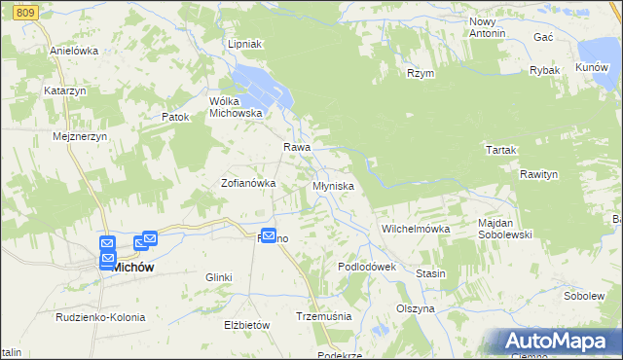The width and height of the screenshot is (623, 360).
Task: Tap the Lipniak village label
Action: (x=244, y=45)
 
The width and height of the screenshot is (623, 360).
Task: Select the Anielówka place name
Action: (x=74, y=51)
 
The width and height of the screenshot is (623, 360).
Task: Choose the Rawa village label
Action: (x=297, y=147)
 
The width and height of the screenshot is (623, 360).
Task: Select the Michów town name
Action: (x=135, y=266)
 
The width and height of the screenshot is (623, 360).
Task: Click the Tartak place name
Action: (x=500, y=150)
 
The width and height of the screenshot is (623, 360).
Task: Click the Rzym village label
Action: (x=421, y=73)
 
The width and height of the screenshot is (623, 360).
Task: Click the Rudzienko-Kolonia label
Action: (x=100, y=317)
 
